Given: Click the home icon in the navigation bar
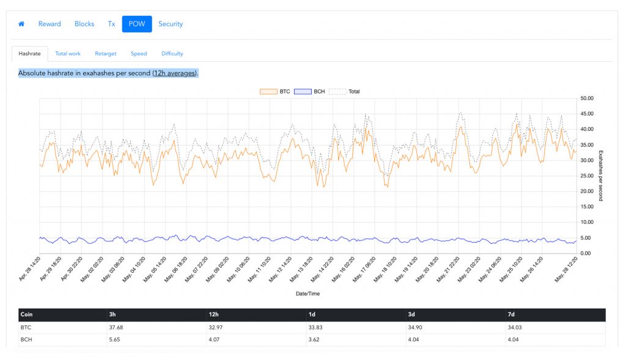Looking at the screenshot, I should coord(21,24).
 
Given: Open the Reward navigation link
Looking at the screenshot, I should coord(50,24).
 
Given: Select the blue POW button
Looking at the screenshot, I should coord(136,24).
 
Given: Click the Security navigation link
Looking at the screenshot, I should coord(171,24).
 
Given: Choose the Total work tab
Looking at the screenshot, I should coord(68,54).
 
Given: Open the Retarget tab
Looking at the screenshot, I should coord(106,54).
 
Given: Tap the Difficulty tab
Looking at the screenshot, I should coord(172,54).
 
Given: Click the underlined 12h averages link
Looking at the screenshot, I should coord(175,73).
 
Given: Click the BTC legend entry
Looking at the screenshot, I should coord(274,92).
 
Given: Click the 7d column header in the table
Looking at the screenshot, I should coord(511,315).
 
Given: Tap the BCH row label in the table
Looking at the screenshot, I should coord(26,339).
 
